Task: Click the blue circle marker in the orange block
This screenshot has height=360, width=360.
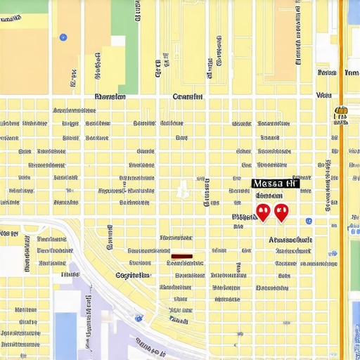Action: coord(63,37)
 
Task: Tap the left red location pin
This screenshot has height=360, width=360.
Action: coord(263,211)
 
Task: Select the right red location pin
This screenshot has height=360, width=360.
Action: coord(281,211)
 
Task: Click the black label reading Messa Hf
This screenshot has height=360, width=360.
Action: coord(275,184)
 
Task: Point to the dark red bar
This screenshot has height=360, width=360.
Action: coord(181,256)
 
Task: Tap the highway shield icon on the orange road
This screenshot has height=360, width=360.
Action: coord(342,110)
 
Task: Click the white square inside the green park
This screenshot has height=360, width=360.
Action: coord(117,41)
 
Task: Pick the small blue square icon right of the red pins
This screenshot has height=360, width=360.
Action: coord(310,221)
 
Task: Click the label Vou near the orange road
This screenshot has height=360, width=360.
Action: coord(324,95)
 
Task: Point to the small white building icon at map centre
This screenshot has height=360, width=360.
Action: coord(182,188)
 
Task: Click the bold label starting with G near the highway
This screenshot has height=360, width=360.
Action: coord(132,275)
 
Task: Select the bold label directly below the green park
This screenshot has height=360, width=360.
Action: coord(110,97)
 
